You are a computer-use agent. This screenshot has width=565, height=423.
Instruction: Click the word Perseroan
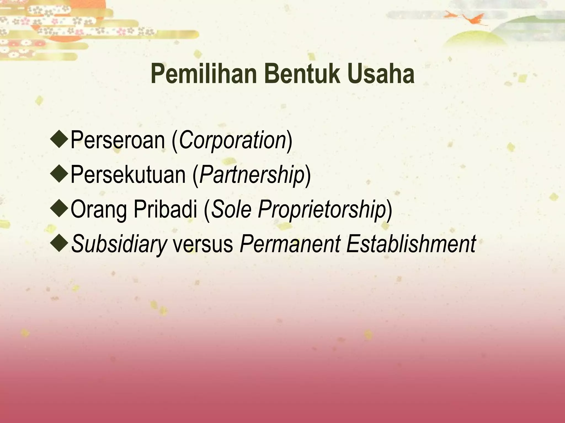(118, 140)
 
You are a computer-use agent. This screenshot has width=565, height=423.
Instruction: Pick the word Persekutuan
(128, 175)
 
